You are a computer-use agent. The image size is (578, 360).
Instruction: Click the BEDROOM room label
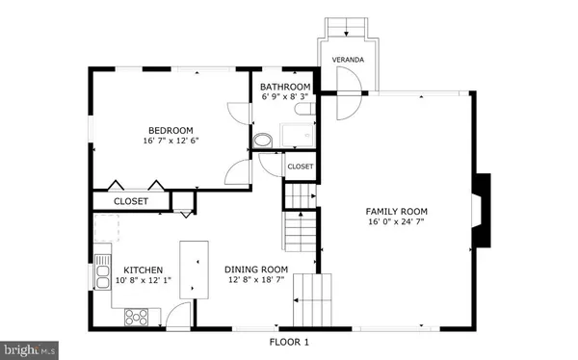[171, 130]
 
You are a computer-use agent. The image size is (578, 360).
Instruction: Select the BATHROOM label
[286, 86]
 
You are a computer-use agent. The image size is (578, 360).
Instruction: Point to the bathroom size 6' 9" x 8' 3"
[286, 97]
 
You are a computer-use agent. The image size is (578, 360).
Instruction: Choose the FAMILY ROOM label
[396, 211]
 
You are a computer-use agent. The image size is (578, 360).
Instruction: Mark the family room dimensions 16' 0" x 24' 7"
[396, 222]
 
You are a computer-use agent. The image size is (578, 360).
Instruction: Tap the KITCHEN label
[143, 270]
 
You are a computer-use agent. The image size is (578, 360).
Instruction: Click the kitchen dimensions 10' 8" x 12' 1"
[143, 282]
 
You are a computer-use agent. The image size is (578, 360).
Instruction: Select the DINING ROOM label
[256, 270]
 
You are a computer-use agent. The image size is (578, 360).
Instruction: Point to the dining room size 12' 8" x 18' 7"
[256, 281]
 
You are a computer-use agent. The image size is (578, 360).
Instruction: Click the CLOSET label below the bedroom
[131, 201]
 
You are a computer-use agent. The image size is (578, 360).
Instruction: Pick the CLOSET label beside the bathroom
[300, 167]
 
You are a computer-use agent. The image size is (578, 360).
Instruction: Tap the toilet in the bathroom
[263, 140]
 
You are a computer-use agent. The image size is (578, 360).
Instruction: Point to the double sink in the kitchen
[101, 274]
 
